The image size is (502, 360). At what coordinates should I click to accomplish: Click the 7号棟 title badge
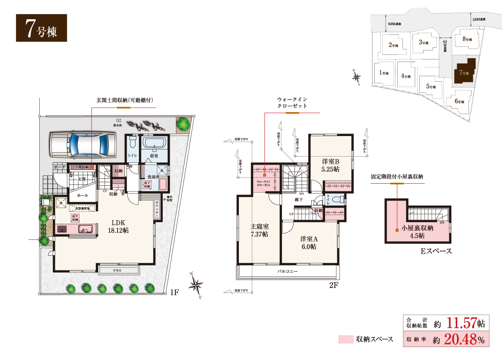41,28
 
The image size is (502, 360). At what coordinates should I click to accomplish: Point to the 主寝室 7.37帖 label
259,230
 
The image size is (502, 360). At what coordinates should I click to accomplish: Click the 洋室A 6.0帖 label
309,243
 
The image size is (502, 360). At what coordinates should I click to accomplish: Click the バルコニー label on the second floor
287,272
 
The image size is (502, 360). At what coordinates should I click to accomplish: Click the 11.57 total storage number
462,324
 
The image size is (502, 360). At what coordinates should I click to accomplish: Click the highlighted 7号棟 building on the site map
464,72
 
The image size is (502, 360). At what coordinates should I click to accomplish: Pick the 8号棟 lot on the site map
467,39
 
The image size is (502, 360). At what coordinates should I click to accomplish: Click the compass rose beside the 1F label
195,285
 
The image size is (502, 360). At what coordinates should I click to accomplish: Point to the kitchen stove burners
62,229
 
